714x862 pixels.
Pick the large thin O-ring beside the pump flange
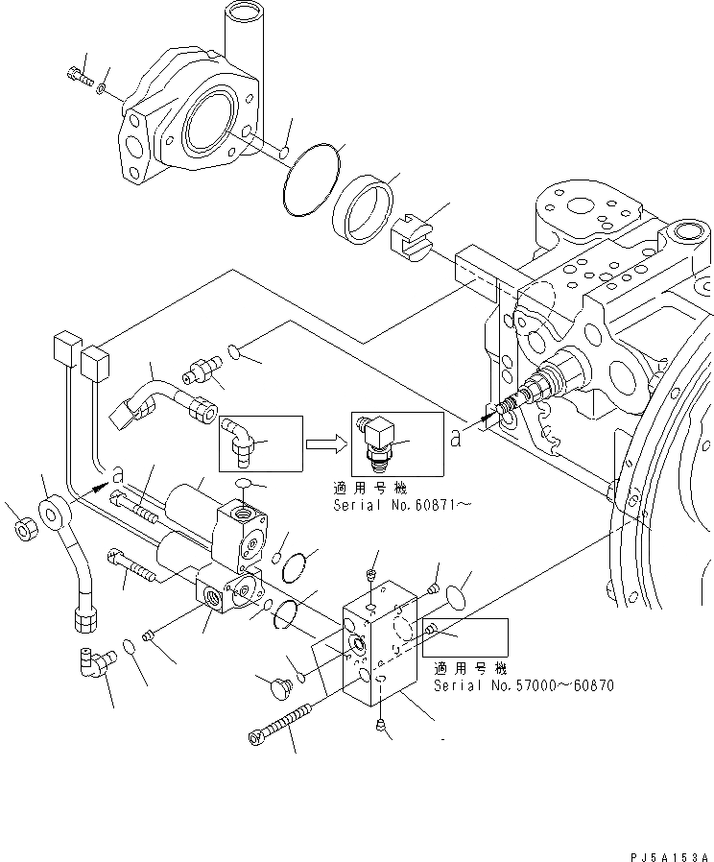[313, 180]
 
